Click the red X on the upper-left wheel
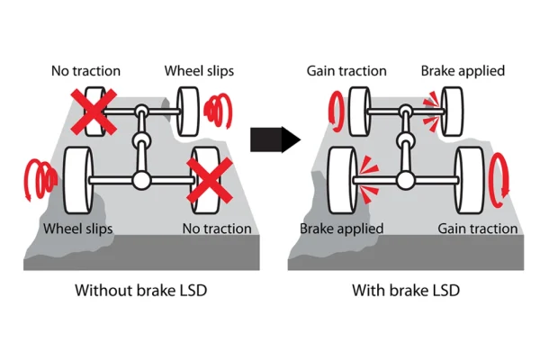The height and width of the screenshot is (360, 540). pos(93,111)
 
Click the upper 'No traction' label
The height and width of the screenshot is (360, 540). pos(85,70)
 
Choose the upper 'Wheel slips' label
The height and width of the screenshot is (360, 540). pos(198,70)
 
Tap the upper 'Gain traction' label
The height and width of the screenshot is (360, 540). pos(347,70)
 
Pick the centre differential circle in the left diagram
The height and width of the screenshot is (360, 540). pos(141,143)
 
